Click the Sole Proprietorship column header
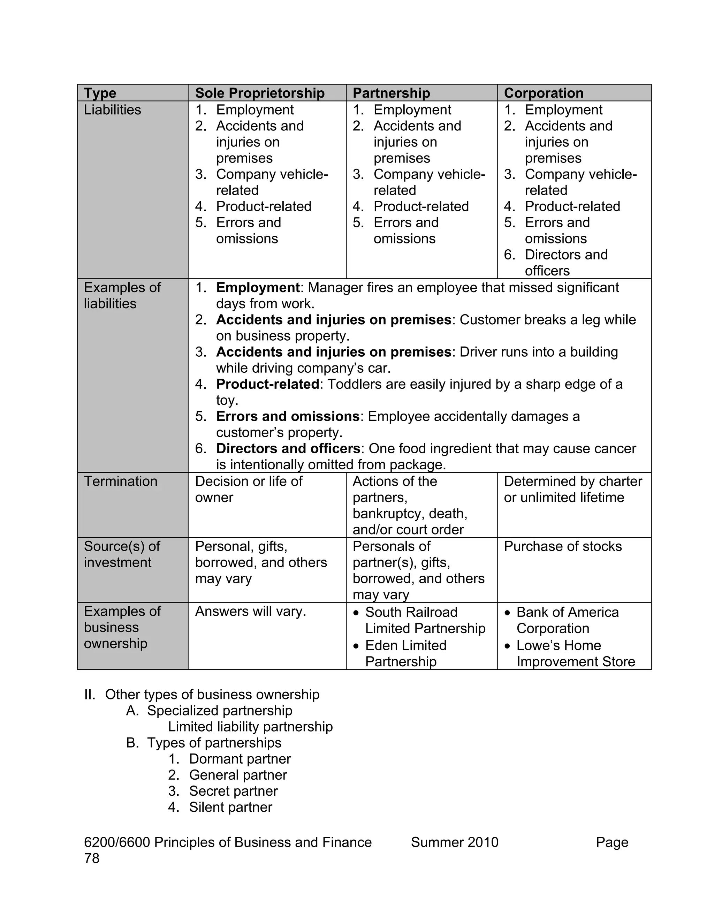[x=260, y=93]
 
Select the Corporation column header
[x=544, y=93]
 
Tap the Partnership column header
[x=391, y=93]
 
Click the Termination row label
[x=121, y=482]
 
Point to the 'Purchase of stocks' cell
[x=563, y=547]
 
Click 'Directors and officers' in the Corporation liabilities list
[x=566, y=263]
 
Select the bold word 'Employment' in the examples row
[x=258, y=288]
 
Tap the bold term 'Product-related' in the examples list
[x=267, y=384]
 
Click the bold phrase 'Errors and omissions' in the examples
[x=288, y=416]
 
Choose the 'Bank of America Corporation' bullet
[x=567, y=620]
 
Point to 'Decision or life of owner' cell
[x=249, y=489]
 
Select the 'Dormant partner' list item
[x=240, y=759]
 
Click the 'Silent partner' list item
[x=230, y=807]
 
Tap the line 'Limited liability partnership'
[x=250, y=727]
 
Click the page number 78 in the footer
[x=92, y=858]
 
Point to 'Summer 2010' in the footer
[x=455, y=842]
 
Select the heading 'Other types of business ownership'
[x=212, y=695]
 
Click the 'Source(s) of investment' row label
[x=122, y=554]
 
